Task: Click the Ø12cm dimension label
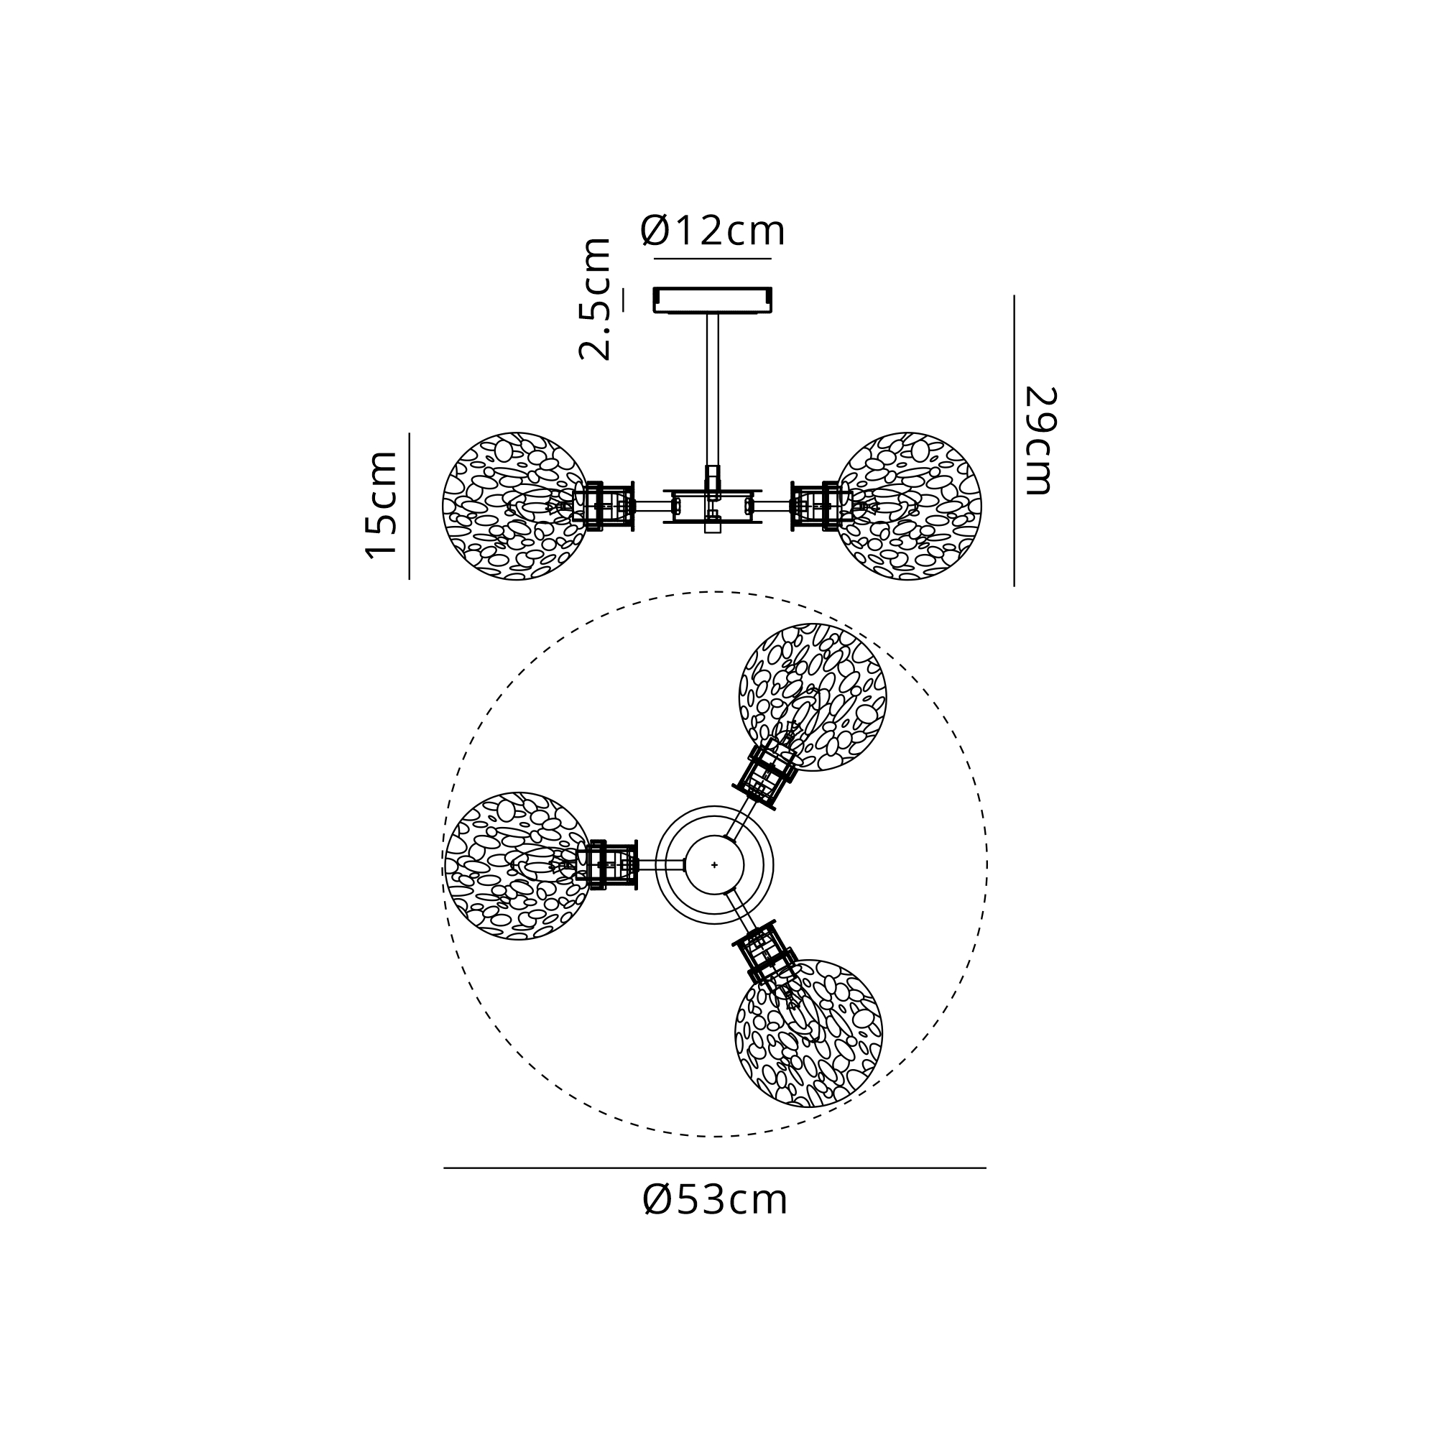click(713, 231)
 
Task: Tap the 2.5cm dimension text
click(595, 300)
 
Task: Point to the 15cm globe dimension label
click(381, 504)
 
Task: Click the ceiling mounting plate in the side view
click(713, 300)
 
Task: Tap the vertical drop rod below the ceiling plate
click(713, 390)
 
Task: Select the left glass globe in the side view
click(515, 506)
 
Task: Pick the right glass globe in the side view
click(908, 506)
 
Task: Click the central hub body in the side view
click(713, 506)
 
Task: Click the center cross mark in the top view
click(715, 865)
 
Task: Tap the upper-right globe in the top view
click(812, 697)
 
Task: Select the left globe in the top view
click(519, 866)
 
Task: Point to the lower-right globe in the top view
click(808, 1033)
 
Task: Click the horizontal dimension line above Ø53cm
click(715, 1168)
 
